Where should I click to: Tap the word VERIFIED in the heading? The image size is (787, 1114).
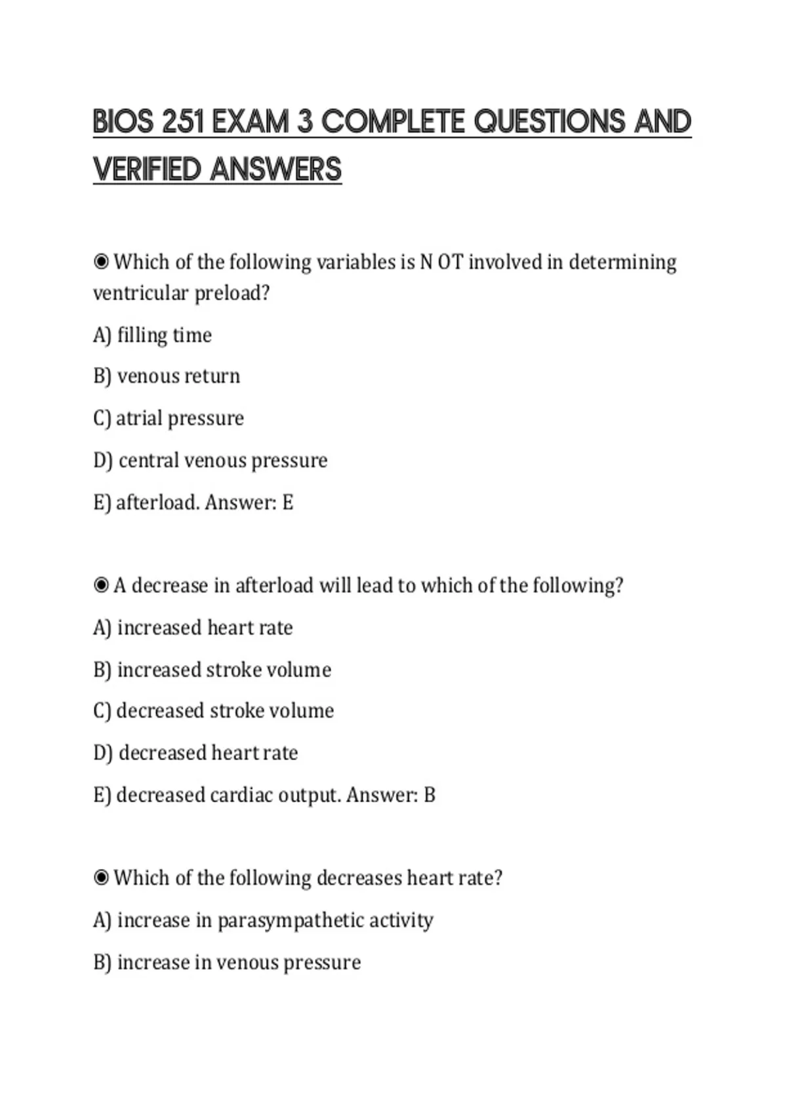(147, 170)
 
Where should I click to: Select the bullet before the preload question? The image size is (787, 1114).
(101, 262)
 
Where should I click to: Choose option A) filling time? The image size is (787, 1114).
(152, 336)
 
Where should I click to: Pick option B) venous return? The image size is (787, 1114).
(167, 376)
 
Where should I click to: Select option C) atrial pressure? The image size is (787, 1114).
(169, 418)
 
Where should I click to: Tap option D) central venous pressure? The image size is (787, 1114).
(210, 461)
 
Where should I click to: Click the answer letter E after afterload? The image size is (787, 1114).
(288, 503)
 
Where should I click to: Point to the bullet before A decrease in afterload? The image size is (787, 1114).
(101, 585)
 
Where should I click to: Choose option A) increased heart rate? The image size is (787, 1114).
(193, 628)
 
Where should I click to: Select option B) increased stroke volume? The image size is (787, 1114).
(212, 670)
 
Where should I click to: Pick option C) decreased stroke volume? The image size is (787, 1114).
(213, 711)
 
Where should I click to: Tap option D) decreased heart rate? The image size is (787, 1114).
(195, 753)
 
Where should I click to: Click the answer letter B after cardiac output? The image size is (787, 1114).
(430, 795)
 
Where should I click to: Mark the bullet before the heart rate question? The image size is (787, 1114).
(101, 877)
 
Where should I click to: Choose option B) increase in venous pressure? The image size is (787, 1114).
(227, 963)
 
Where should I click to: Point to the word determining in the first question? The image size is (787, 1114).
(622, 262)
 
